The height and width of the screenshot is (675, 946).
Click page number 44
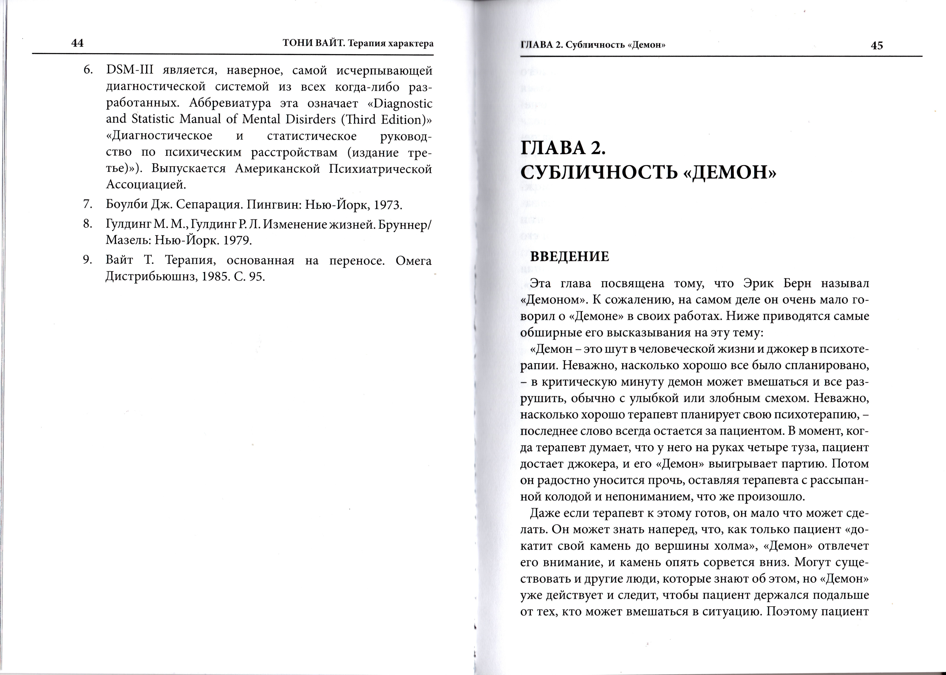coord(78,43)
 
